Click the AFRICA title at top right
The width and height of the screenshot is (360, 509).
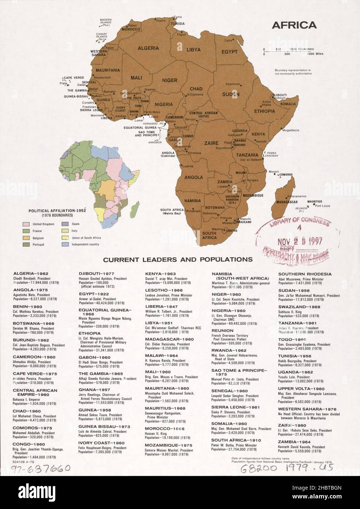point(294,25)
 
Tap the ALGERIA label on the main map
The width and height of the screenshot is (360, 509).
point(148,48)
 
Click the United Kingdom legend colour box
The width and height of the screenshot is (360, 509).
point(26,224)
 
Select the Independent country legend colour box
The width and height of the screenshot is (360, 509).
point(65,244)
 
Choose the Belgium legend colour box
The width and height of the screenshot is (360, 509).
point(26,237)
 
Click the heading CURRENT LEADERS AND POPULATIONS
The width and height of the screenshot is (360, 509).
point(178,260)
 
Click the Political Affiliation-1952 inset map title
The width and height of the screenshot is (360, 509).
point(59,211)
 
